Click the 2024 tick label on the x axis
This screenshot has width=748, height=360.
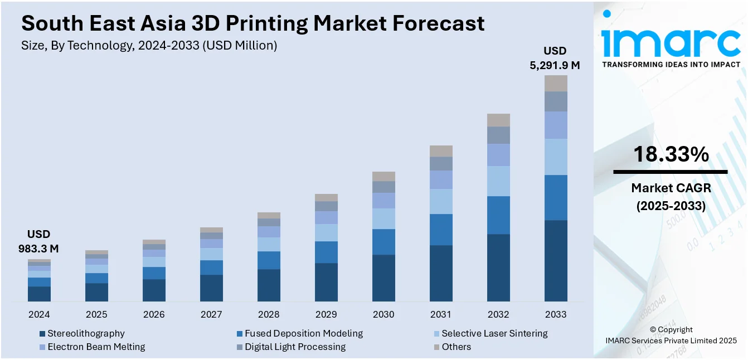[39, 314]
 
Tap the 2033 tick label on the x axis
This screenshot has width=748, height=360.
[556, 314]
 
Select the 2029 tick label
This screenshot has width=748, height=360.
[326, 314]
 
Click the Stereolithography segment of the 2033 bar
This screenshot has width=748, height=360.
[556, 260]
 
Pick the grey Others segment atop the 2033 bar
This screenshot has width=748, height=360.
[556, 84]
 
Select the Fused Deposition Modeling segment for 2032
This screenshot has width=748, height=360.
[498, 215]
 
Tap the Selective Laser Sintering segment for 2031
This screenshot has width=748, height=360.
[441, 201]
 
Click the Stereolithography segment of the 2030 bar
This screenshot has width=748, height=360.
[383, 278]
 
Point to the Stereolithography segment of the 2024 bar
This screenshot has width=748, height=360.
[39, 294]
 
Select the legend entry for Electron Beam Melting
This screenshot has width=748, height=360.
[96, 347]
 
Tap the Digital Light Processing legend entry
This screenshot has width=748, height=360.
[294, 347]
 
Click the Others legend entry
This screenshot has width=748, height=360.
[456, 347]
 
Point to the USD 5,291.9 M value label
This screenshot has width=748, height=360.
[555, 58]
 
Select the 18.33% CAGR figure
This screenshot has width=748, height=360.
[671, 154]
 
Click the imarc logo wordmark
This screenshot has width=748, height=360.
[671, 41]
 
